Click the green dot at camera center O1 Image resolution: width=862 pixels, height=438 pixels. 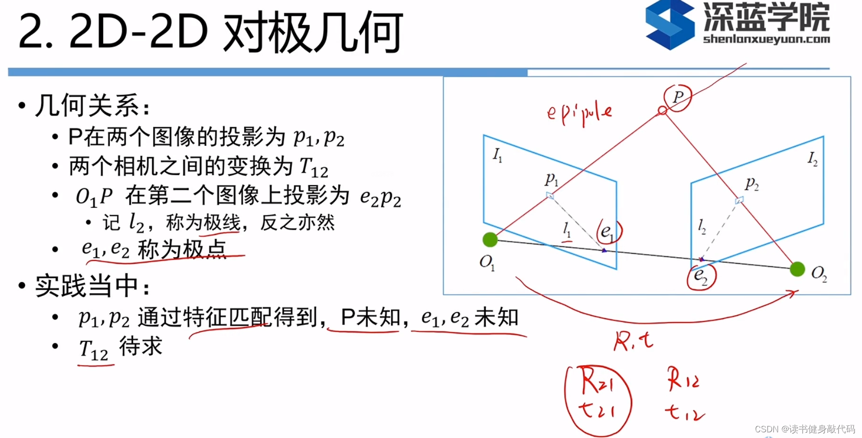(x=490, y=240)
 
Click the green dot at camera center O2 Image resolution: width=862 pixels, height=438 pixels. (x=798, y=269)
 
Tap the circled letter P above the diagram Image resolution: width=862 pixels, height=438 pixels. (x=678, y=98)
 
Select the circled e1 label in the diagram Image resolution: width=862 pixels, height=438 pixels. (x=608, y=232)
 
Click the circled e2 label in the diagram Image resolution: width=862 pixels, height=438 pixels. (x=701, y=276)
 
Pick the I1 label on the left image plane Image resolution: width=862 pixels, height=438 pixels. (x=497, y=155)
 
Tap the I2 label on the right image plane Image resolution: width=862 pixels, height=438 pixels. (x=812, y=158)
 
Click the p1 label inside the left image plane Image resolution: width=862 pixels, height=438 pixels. (x=551, y=179)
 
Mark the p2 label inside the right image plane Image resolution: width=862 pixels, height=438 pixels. (x=752, y=183)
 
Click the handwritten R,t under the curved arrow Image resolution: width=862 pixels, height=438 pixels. (x=633, y=341)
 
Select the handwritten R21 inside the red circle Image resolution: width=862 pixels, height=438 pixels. (x=596, y=381)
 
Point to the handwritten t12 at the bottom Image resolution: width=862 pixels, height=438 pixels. (x=684, y=412)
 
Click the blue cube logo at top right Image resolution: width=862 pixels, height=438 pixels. (x=669, y=25)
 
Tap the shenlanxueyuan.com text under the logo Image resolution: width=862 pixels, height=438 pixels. (x=766, y=39)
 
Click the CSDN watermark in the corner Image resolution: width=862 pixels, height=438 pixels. (x=804, y=429)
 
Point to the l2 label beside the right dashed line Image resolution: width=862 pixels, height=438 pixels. (x=702, y=227)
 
